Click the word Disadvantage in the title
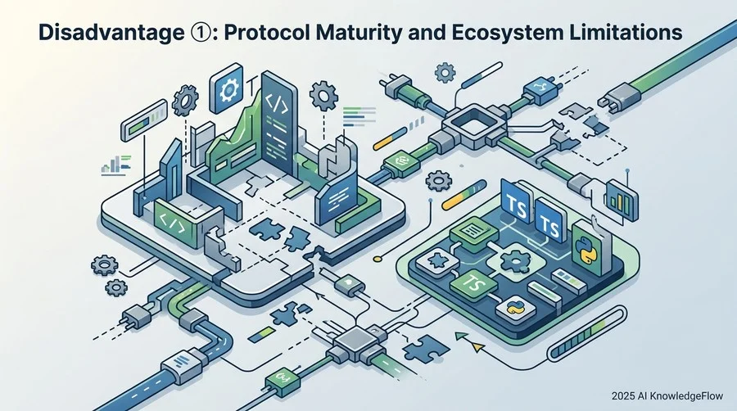tap(111, 33)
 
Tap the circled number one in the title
tap(201, 33)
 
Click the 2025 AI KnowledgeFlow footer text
tap(667, 396)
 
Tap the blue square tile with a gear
tap(227, 88)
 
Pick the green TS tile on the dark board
tap(473, 283)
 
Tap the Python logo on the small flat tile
tap(516, 309)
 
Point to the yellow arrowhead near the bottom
tap(477, 348)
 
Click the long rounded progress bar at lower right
tap(587, 332)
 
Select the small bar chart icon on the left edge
tap(115, 165)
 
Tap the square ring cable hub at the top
tap(474, 123)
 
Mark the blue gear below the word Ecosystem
tap(445, 73)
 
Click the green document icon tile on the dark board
tap(473, 231)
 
